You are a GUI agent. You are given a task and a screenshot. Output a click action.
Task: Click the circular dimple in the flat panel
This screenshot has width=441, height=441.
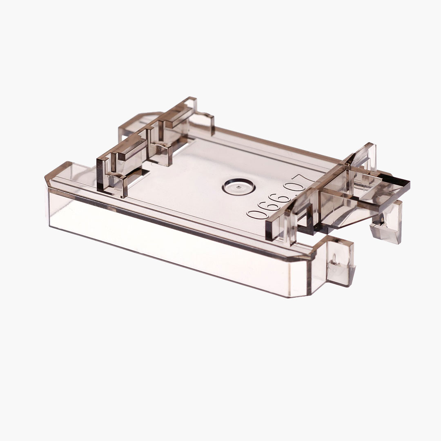[x=238, y=186]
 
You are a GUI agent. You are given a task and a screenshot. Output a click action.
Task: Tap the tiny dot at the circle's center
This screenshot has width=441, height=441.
[x=238, y=187]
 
